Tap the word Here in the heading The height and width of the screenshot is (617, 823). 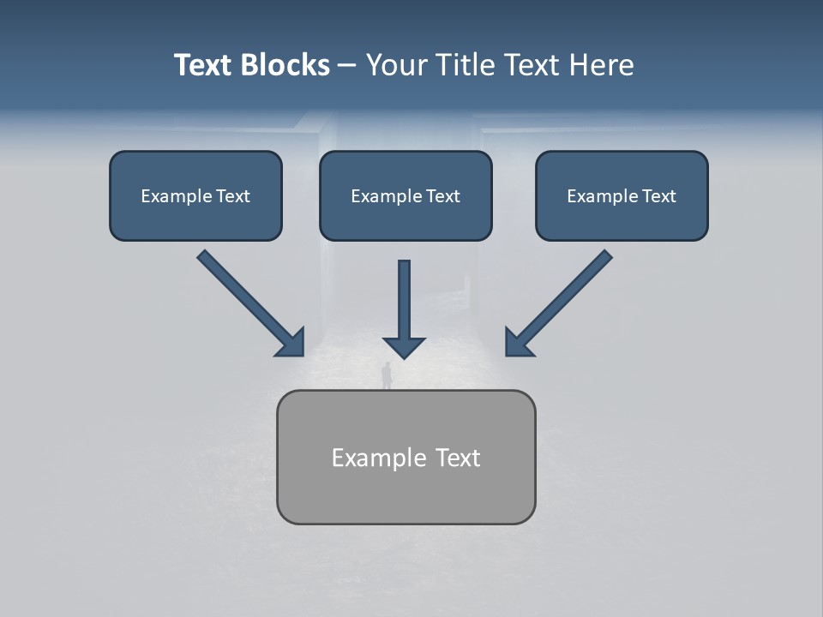(x=599, y=65)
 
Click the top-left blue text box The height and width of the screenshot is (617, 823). (x=195, y=195)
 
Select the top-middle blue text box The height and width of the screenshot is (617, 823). (x=405, y=195)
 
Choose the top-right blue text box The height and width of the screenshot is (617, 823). (x=622, y=195)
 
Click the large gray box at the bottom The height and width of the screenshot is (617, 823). (x=405, y=457)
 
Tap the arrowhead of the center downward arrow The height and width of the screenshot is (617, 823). (x=405, y=346)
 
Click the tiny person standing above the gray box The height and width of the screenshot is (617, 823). (x=387, y=374)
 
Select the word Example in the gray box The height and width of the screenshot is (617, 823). (x=378, y=458)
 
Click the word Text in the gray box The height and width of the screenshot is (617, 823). (x=458, y=458)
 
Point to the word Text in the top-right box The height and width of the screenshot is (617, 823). (x=658, y=196)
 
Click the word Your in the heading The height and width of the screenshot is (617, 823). (x=397, y=65)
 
